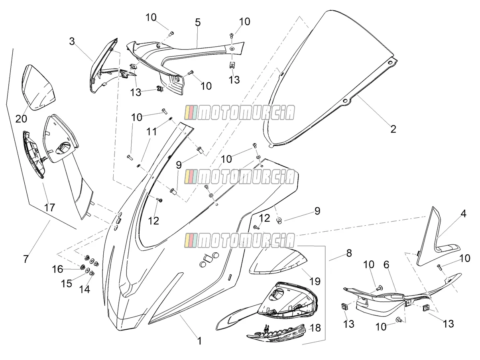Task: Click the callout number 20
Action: [x=21, y=119]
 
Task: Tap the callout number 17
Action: [x=49, y=207]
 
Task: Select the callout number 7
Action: [x=26, y=259]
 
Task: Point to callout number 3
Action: [x=72, y=41]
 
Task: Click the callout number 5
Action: [x=198, y=22]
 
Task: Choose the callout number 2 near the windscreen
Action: [x=393, y=129]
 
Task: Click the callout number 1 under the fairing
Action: [x=199, y=341]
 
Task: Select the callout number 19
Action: [x=315, y=281]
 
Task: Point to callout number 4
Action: [x=463, y=214]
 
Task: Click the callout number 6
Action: [x=386, y=265]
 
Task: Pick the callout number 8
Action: [x=349, y=253]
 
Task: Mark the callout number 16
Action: [x=57, y=269]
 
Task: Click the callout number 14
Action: [x=85, y=289]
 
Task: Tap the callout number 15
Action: [x=67, y=284]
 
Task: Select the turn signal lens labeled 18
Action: [x=276, y=334]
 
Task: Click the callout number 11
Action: [x=151, y=132]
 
